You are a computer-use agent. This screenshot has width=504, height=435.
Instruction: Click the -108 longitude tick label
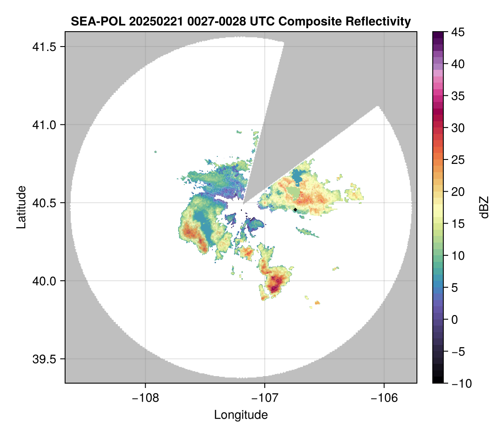pyautogui.click(x=145, y=398)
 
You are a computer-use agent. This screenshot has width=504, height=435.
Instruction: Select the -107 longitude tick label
pyautogui.click(x=265, y=398)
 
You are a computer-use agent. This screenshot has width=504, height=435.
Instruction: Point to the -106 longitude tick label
pyautogui.click(x=384, y=398)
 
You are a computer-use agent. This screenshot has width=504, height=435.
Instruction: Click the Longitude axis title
pyautogui.click(x=241, y=414)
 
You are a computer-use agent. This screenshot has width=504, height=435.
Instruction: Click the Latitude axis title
pyautogui.click(x=21, y=207)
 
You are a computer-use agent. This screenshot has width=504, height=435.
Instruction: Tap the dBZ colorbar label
pyautogui.click(x=484, y=207)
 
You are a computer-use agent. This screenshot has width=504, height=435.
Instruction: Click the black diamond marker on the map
pyautogui.click(x=295, y=210)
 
